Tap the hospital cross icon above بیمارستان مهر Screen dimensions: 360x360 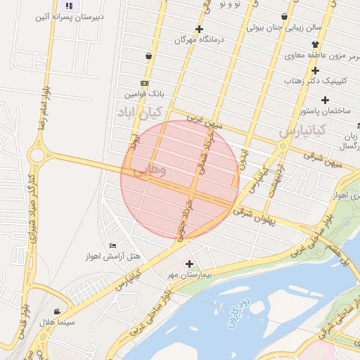(189, 264)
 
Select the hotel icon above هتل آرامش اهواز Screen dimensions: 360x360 (112, 245)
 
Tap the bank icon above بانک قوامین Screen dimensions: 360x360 (144, 83)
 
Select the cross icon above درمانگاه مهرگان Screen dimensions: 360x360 (200, 29)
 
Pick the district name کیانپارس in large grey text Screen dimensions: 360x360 (302, 131)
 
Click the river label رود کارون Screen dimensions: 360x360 (238, 312)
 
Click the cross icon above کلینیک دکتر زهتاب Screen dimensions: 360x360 (315, 70)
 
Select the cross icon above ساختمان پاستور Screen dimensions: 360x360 (305, 100)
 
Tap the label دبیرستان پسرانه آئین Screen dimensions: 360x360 (70, 16)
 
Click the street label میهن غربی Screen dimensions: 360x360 (205, 122)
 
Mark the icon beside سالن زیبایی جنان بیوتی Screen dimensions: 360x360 (284, 17)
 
